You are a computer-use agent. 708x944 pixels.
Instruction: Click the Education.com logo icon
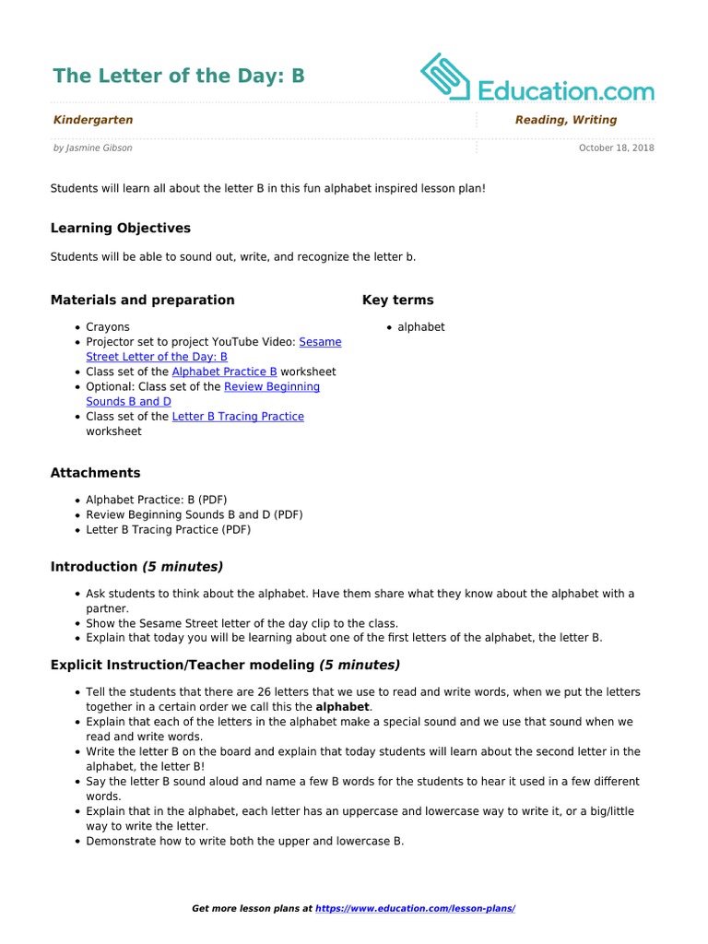coord(445,77)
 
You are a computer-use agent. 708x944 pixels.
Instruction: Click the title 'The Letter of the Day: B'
coord(178,76)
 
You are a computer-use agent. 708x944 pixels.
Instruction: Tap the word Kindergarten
coord(93,120)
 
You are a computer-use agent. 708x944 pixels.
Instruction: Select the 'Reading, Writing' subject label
coord(566,120)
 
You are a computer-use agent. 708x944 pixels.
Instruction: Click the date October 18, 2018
coord(616,147)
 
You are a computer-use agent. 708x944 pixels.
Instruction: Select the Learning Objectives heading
coord(121,228)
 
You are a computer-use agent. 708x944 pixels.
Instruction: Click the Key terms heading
coord(397,300)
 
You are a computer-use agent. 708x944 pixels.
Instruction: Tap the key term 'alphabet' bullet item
coord(421,326)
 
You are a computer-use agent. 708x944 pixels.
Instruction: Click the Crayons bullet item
coord(108,326)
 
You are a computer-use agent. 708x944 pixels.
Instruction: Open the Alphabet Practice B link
coord(224,372)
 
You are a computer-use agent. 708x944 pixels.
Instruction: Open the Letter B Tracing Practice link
coord(238,417)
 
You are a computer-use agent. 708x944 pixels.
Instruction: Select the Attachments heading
coord(96,473)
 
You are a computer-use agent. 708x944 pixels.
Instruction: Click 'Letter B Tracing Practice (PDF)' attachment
coord(168,530)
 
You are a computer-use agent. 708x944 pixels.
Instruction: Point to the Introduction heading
coord(136,567)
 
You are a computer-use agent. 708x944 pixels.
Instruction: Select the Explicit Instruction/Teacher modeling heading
coord(225,665)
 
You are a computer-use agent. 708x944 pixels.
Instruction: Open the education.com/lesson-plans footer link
coord(415,908)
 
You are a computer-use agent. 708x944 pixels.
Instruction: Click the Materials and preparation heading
coord(143,300)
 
